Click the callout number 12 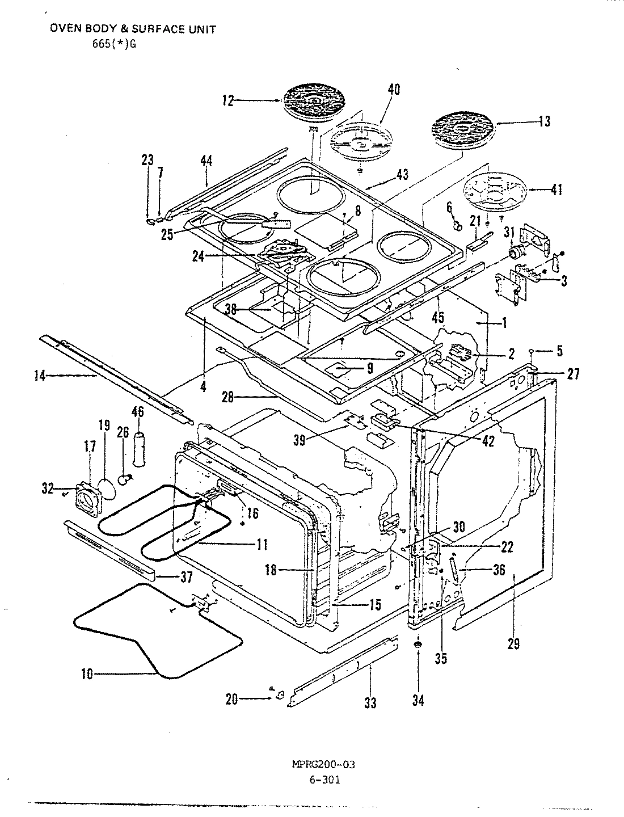pyautogui.click(x=227, y=102)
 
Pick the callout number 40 pyautogui.click(x=394, y=90)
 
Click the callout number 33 pyautogui.click(x=370, y=704)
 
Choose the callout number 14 pyautogui.click(x=40, y=376)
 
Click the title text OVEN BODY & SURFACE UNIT pyautogui.click(x=133, y=30)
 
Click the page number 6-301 pyautogui.click(x=324, y=780)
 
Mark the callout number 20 pyautogui.click(x=232, y=700)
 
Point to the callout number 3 pyautogui.click(x=563, y=281)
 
